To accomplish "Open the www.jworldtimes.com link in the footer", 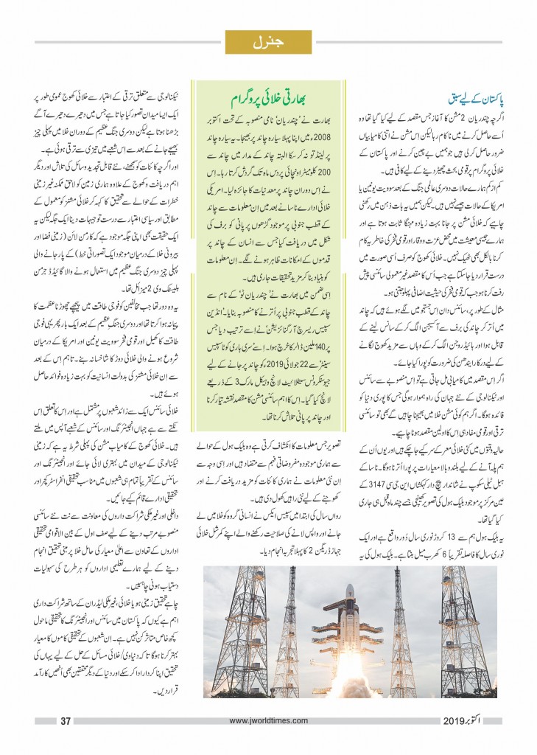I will [x=268, y=721].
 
